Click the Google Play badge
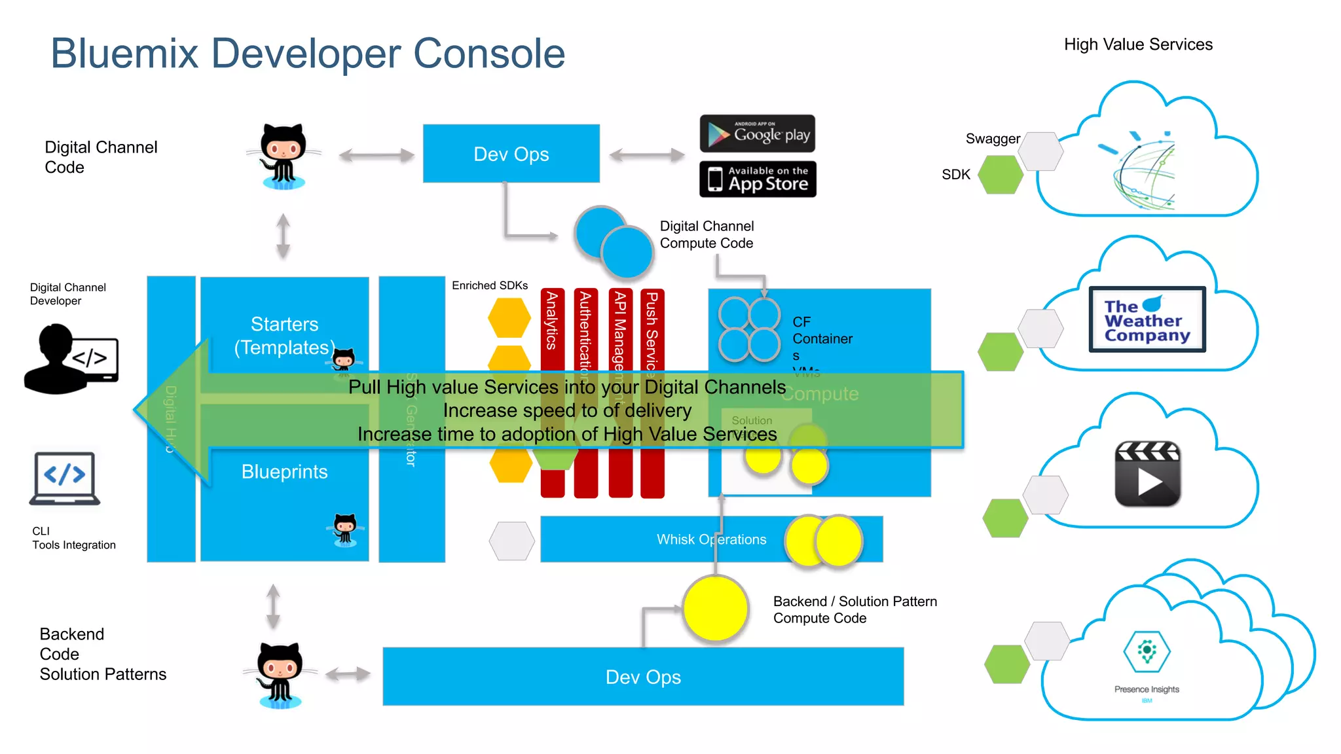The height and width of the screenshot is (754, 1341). [x=758, y=134]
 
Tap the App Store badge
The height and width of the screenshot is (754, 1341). [x=758, y=179]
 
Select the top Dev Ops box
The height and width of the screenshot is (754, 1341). [x=511, y=154]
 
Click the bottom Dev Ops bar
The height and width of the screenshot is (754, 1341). [x=642, y=677]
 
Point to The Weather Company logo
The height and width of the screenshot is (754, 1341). [x=1147, y=320]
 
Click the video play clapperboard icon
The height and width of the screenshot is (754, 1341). [x=1148, y=474]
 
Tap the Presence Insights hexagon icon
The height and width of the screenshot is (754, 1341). [x=1147, y=651]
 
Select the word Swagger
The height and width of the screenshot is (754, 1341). [x=992, y=139]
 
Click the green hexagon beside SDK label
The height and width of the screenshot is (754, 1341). [x=1001, y=175]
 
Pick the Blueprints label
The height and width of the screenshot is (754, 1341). [x=284, y=472]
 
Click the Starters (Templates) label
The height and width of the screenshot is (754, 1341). [x=284, y=336]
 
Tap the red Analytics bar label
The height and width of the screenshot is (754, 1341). [x=552, y=321]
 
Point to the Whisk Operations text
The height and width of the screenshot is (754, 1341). [x=711, y=539]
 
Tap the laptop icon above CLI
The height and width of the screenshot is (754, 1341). [x=64, y=478]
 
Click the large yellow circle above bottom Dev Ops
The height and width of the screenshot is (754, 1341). [x=715, y=609]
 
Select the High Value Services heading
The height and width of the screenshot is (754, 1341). [x=1138, y=45]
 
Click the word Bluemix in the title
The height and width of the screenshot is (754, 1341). [x=124, y=54]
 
